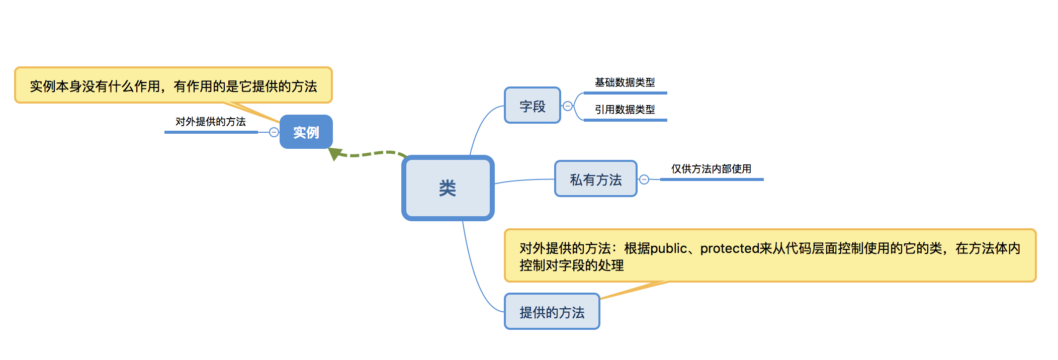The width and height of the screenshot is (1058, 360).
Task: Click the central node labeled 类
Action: coord(448,188)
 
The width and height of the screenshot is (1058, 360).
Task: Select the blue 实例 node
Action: coord(306,132)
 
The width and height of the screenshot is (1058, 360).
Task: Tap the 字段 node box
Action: coord(532,106)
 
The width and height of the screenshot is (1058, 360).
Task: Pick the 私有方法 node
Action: coord(595,179)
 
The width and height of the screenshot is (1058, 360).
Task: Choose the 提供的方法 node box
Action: coord(552,312)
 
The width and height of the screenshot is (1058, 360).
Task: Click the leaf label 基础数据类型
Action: coord(625,82)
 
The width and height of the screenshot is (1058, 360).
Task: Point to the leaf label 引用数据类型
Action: coord(625,110)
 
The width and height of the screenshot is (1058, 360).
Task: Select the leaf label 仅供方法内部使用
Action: coord(711,169)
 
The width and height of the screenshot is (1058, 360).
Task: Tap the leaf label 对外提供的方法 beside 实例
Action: coord(210,122)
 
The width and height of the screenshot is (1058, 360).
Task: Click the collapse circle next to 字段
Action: coord(568,106)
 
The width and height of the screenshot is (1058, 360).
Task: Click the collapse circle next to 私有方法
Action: coord(644,179)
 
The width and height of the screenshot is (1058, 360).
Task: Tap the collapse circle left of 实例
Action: coord(274,132)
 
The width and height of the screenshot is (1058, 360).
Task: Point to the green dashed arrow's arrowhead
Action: coord(334,153)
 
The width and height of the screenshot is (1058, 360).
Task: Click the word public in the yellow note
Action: coord(668,248)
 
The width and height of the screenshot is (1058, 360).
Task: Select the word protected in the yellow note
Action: coord(729,248)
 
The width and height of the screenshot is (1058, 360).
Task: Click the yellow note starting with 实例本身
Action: coord(173,85)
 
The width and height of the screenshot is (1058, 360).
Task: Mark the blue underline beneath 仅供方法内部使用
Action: coord(711,179)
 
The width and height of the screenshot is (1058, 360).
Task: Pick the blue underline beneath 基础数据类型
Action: coord(625,93)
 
